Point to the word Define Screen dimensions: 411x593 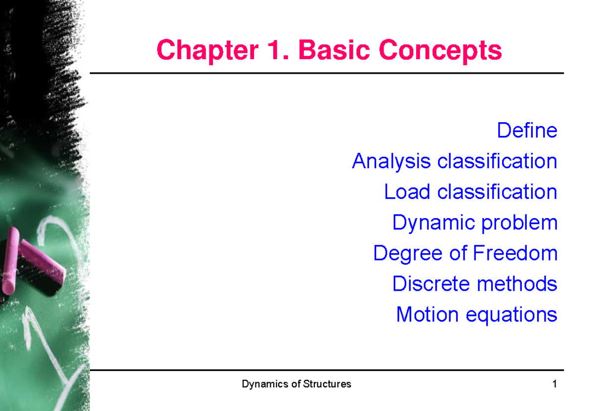click(527, 131)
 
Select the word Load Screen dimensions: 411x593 click(407, 192)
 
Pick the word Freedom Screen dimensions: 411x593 click(515, 253)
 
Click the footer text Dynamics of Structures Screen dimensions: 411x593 click(296, 384)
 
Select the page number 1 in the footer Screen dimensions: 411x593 click(555, 384)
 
